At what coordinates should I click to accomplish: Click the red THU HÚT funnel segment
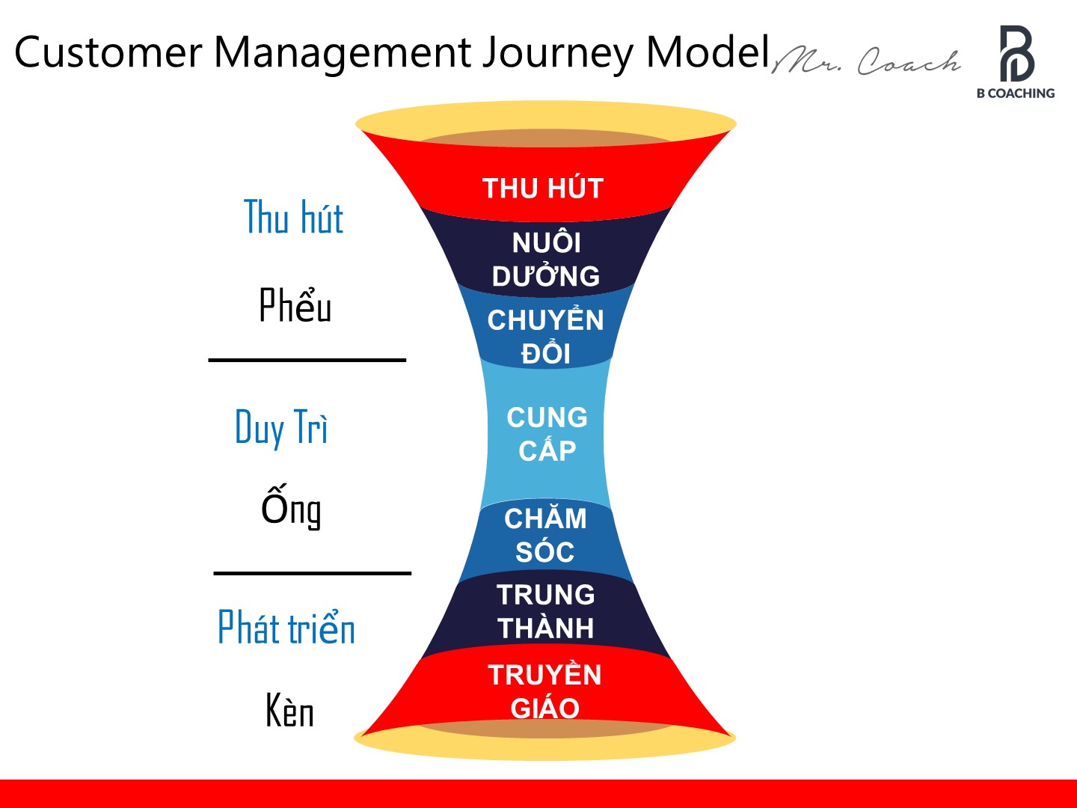(543, 188)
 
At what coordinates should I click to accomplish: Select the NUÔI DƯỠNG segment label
(546, 259)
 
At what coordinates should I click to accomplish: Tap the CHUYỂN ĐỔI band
(546, 336)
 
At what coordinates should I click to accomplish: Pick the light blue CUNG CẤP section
(547, 434)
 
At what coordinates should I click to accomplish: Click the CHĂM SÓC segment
(545, 535)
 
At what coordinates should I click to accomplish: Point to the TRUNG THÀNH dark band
(546, 611)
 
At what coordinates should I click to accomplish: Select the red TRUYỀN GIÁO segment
(544, 691)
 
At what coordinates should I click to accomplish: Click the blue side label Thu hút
(293, 218)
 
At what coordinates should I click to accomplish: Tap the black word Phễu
(295, 305)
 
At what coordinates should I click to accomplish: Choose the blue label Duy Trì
(281, 428)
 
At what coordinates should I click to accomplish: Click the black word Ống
(292, 507)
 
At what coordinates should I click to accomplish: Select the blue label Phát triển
(286, 627)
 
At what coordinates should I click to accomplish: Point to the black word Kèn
(290, 710)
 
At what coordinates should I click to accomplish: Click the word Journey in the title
(557, 54)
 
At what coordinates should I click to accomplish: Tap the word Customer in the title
(108, 52)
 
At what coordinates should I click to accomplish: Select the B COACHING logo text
(1015, 94)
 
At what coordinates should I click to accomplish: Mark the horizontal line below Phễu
(307, 360)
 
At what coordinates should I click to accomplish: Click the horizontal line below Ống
(312, 573)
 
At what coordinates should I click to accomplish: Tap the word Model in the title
(708, 52)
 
